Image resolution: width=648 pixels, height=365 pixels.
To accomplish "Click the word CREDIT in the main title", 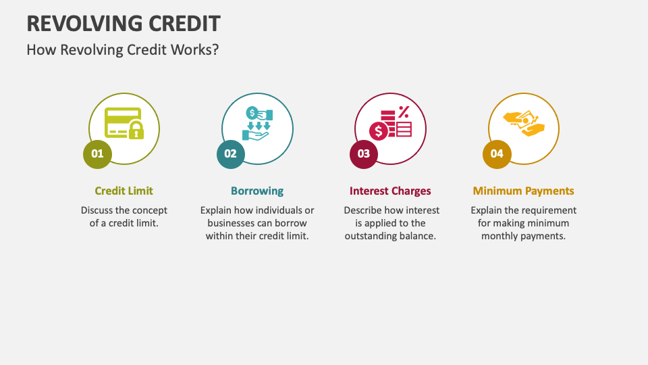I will coord(186,23).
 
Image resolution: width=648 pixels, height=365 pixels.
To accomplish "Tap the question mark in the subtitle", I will coord(215,50).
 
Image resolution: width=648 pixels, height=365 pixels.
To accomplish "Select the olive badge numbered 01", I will coord(98,153).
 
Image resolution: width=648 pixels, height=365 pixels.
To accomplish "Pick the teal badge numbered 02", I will coord(231,153).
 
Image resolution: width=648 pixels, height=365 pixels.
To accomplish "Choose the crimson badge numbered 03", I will coord(364,153).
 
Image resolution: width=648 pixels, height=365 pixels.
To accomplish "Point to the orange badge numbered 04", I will coord(497,153).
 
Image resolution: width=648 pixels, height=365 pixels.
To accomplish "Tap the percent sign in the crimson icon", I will coord(404,112).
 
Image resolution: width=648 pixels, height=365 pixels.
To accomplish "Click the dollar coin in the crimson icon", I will coord(378,130).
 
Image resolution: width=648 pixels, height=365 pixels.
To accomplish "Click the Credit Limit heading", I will coord(124,191).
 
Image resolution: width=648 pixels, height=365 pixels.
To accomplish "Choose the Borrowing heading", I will coord(257,191).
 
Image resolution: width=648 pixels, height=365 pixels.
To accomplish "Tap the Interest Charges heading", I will coord(390,191).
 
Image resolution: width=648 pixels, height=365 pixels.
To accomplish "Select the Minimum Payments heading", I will coord(523,191).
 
